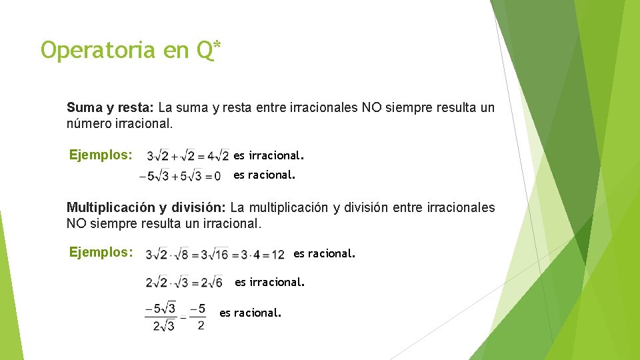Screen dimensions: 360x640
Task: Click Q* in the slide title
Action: pyautogui.click(x=209, y=49)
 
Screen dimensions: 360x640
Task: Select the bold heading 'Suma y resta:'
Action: pyautogui.click(x=110, y=107)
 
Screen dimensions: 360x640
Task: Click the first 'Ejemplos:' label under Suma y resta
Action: pyautogui.click(x=101, y=155)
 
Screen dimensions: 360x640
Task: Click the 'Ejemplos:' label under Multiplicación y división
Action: pyautogui.click(x=101, y=253)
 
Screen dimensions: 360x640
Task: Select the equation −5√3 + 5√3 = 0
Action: pyautogui.click(x=180, y=177)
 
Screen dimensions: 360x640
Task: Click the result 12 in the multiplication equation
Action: pyautogui.click(x=278, y=255)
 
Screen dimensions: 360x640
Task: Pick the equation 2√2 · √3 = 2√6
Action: pyautogui.click(x=184, y=283)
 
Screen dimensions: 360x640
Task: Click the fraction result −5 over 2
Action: pyautogui.click(x=198, y=317)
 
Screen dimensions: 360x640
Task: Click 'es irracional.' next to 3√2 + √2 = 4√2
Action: pyautogui.click(x=268, y=155)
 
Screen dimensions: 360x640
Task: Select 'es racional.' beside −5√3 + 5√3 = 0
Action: pyautogui.click(x=263, y=175)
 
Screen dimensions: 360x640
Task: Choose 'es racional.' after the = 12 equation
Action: pyautogui.click(x=324, y=253)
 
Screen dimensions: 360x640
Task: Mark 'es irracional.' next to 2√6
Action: pyautogui.click(x=269, y=282)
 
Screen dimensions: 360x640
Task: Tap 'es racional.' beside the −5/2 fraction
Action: pyautogui.click(x=250, y=312)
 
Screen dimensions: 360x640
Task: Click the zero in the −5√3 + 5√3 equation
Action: pyautogui.click(x=217, y=177)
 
